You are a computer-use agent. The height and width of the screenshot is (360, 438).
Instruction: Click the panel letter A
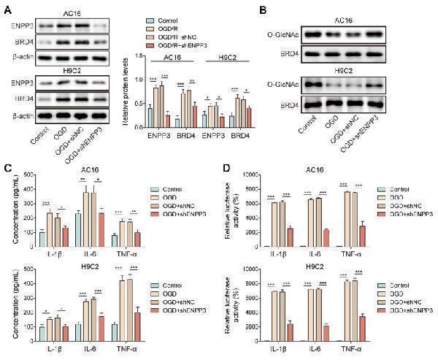(x=8, y=9)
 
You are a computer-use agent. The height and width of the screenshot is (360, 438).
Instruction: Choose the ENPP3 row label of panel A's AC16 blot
(x=21, y=23)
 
